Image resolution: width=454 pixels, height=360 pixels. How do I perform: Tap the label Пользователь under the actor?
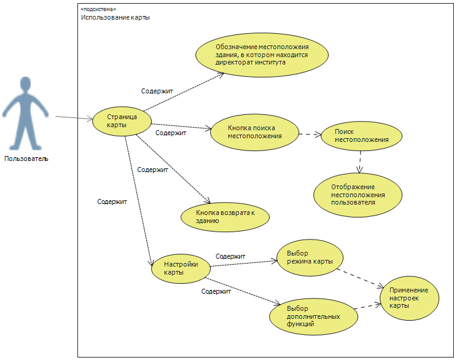[26, 158]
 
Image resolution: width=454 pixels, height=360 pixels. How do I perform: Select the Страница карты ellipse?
[122, 121]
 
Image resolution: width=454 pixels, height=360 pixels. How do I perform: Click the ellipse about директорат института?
[262, 55]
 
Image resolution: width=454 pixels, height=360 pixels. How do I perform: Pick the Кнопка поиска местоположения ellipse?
[254, 132]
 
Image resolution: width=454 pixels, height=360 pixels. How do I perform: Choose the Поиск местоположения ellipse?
[361, 136]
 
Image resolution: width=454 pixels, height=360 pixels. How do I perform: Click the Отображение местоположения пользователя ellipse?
[358, 195]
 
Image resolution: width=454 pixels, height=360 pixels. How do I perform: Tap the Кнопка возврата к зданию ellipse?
[225, 217]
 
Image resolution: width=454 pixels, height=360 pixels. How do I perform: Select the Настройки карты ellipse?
[181, 268]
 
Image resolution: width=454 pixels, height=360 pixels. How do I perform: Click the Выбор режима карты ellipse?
[310, 257]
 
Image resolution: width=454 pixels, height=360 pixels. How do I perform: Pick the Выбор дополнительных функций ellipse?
[313, 316]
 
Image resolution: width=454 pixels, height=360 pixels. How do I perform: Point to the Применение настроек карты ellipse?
[409, 298]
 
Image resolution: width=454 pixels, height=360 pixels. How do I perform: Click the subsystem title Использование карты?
[115, 17]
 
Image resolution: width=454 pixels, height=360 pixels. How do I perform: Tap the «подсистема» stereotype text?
[98, 9]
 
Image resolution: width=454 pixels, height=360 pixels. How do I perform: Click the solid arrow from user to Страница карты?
[74, 117]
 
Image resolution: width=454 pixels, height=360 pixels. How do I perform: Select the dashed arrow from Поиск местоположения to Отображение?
[360, 162]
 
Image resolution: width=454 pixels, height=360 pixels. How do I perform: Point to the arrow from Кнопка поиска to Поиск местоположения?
[310, 135]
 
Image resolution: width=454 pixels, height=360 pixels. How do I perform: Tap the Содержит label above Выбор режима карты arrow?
[230, 256]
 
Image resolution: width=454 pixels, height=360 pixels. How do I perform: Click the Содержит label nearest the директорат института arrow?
[157, 91]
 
